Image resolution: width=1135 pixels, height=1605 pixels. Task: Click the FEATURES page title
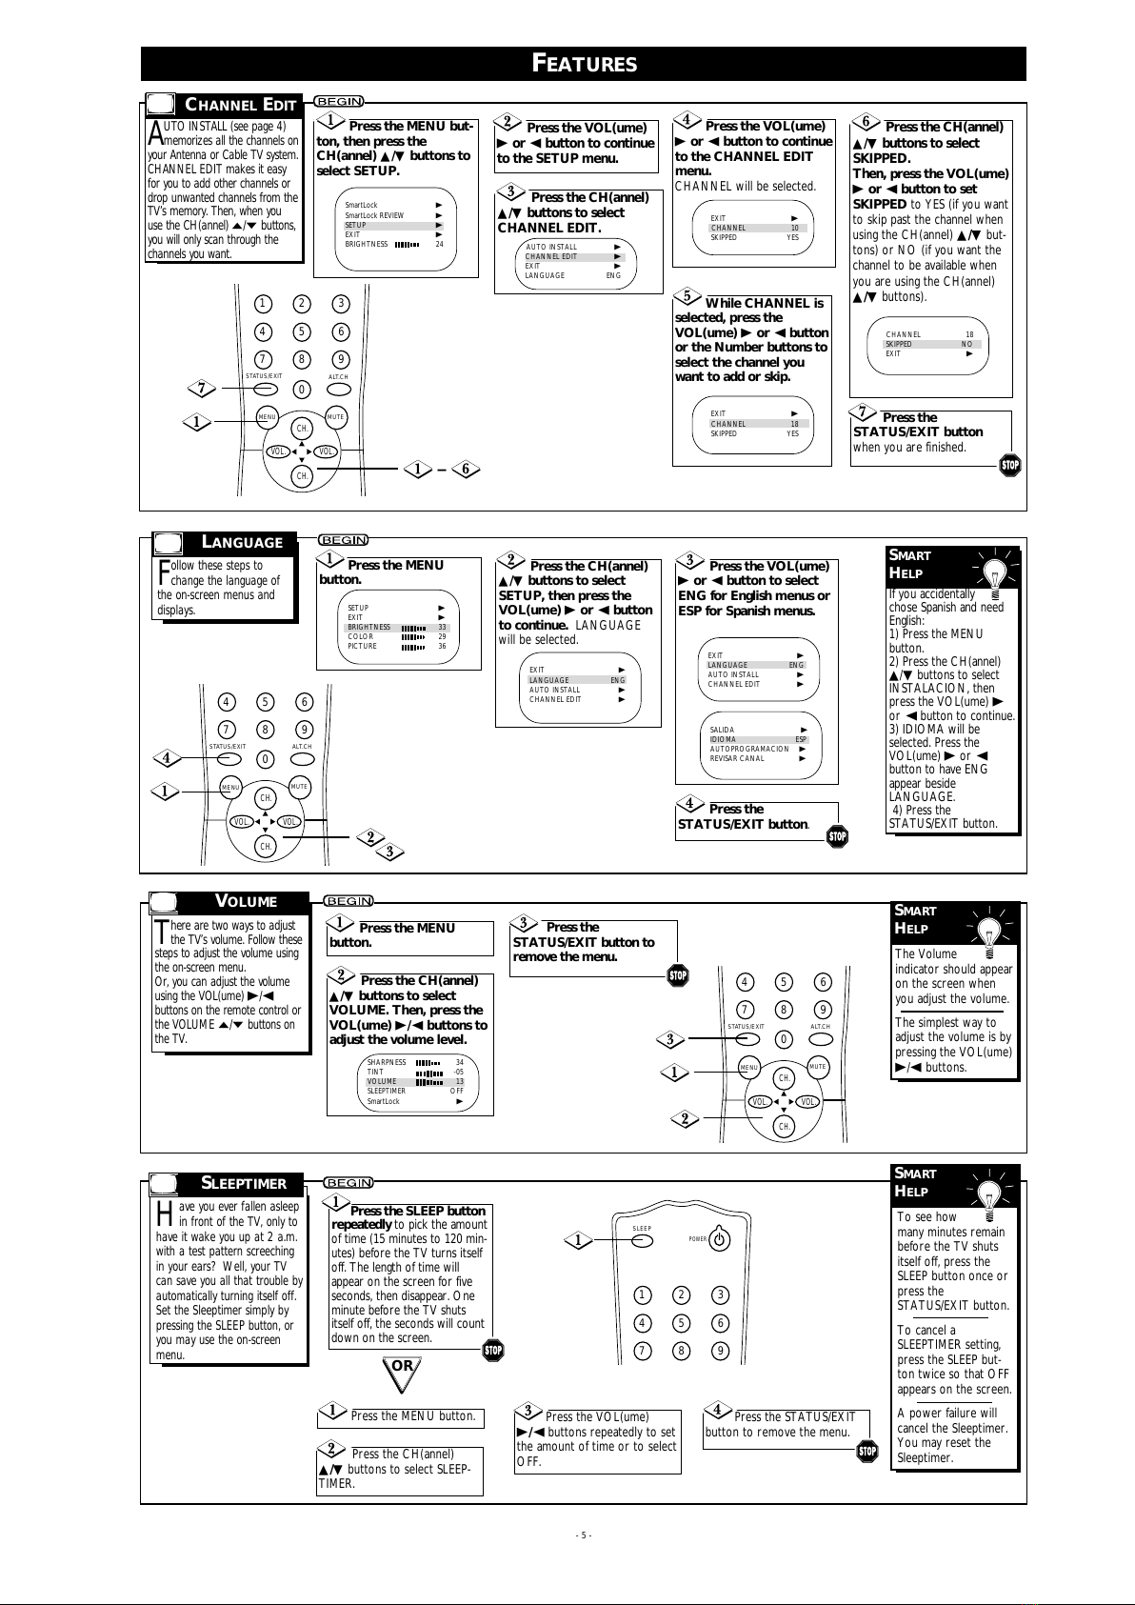584,64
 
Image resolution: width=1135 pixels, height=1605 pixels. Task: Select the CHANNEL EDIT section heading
240,105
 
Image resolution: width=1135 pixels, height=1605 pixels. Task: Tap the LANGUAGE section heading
242,543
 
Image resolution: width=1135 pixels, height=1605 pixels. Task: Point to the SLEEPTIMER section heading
243,1183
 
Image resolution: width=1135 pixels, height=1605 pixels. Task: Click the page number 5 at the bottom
584,1535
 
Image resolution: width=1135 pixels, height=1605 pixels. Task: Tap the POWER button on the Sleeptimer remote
721,1240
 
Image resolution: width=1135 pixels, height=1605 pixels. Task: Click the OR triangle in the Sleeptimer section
403,1367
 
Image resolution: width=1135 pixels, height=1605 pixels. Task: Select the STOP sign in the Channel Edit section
1010,466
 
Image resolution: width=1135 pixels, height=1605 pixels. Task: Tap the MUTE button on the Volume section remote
817,1067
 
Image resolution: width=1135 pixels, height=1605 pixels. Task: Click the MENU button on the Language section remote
230,788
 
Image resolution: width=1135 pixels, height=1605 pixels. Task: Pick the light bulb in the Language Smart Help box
992,575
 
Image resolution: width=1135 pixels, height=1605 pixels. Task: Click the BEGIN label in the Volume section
349,901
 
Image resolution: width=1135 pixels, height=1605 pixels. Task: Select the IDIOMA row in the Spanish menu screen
758,739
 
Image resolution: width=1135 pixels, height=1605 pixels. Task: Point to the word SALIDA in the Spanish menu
722,730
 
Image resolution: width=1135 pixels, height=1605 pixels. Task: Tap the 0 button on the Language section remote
266,759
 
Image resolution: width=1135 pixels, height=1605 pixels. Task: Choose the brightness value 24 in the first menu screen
440,244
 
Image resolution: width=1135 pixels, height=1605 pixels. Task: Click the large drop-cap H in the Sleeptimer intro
165,1214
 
